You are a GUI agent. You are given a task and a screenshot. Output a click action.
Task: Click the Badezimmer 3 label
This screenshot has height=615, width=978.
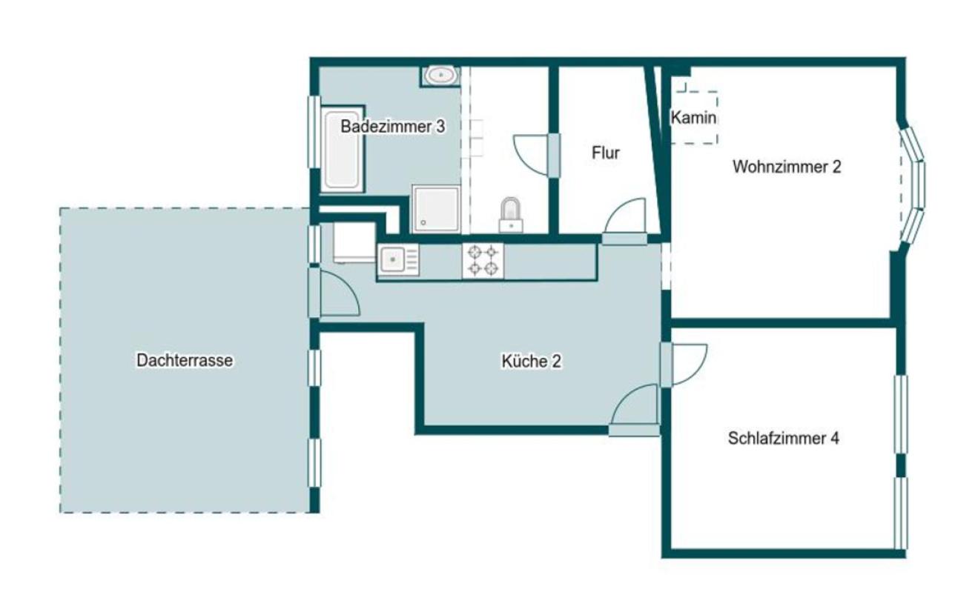[x=392, y=127]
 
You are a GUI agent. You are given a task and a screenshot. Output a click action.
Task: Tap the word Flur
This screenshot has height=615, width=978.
[x=606, y=153]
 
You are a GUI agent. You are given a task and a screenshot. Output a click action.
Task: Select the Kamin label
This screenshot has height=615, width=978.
[x=693, y=118]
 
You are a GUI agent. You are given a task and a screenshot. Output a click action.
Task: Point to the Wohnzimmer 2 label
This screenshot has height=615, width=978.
[x=787, y=167]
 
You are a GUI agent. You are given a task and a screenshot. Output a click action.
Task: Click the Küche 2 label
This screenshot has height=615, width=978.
[x=532, y=361]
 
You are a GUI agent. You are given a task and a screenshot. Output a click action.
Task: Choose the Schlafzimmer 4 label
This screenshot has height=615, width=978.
[x=783, y=439]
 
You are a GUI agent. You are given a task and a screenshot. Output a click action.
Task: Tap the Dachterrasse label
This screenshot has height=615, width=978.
[x=185, y=360]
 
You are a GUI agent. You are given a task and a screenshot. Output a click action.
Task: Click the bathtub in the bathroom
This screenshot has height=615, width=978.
[x=343, y=149]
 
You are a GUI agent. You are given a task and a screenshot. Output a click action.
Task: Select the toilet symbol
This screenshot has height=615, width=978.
[x=511, y=215]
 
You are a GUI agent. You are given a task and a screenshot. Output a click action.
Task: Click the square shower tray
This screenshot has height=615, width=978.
[x=436, y=208]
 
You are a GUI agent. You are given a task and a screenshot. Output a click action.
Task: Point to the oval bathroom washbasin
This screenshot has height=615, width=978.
[x=441, y=76]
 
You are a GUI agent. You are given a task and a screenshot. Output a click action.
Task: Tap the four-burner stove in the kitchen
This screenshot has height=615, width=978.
[x=483, y=261]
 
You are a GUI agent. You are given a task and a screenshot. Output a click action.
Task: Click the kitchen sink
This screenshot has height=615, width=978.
[x=398, y=260]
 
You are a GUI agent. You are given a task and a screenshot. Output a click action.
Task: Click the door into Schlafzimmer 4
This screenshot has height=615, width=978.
[x=684, y=365]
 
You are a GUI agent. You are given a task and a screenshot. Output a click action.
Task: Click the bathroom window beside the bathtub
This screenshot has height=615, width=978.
[x=314, y=132]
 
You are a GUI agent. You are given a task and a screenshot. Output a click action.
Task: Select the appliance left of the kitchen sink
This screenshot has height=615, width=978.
[x=354, y=243]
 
